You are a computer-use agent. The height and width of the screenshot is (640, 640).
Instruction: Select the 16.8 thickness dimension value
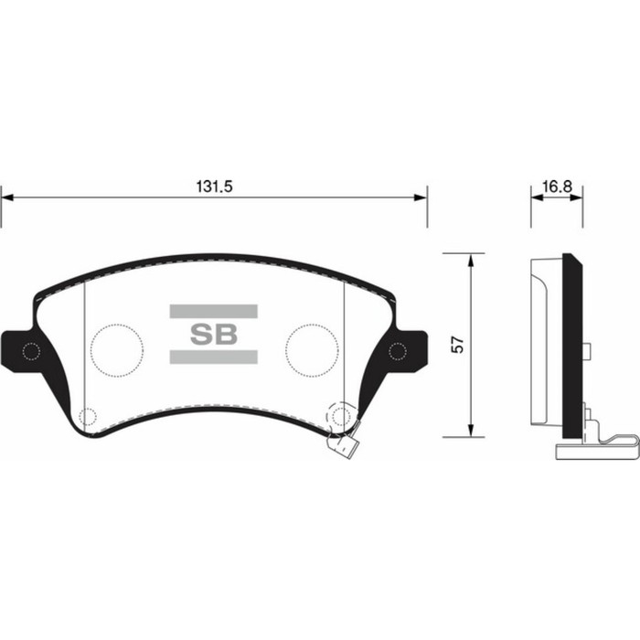(x=556, y=187)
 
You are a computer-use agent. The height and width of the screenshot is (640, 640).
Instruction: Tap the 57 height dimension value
(x=458, y=345)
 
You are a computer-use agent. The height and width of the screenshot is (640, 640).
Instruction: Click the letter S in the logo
(x=201, y=334)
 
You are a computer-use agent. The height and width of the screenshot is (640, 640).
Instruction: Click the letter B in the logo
(x=225, y=334)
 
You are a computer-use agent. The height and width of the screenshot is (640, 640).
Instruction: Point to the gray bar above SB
(x=213, y=311)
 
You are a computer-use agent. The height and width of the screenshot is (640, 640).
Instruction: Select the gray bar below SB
(x=213, y=356)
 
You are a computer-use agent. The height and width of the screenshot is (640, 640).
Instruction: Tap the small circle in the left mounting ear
(x=30, y=351)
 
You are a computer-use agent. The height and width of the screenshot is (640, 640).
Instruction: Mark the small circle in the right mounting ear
(x=398, y=351)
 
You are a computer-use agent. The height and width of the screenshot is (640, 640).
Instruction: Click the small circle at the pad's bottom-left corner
(x=88, y=417)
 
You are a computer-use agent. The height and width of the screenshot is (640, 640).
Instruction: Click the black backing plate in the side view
(x=571, y=347)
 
